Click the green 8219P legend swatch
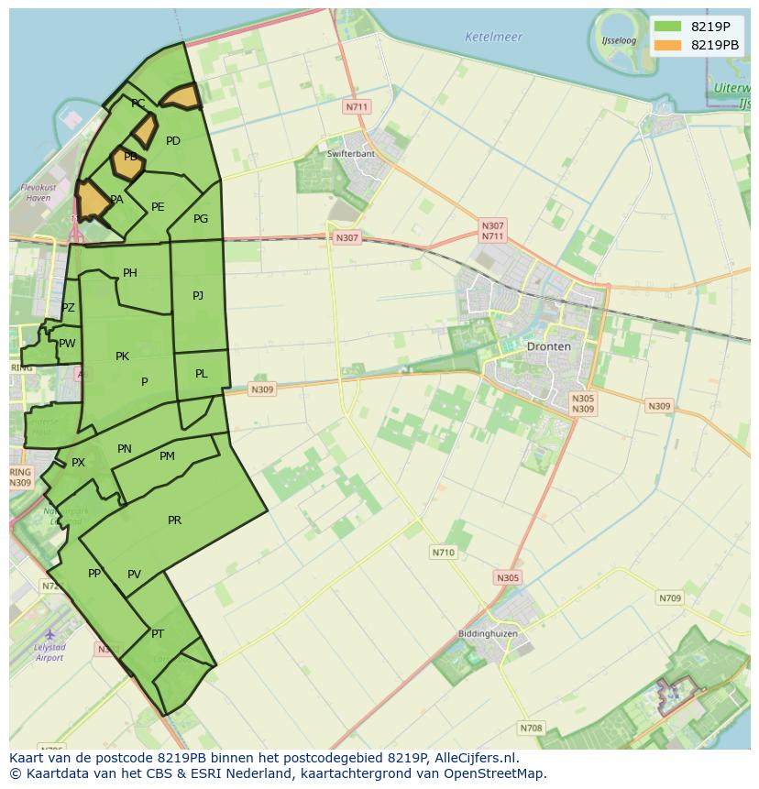(668, 26)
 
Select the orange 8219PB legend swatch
(668, 45)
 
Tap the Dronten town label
(548, 346)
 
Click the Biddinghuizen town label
(488, 634)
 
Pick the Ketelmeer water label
(493, 38)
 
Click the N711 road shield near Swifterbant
(357, 107)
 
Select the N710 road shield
(443, 553)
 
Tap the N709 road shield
(670, 598)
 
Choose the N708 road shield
(531, 729)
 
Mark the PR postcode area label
(175, 521)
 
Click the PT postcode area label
(158, 634)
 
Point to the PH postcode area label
(130, 273)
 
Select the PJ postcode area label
(198, 295)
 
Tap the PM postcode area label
(167, 456)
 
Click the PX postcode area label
(78, 463)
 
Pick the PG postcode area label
(201, 219)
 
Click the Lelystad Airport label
(49, 652)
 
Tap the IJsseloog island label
(619, 41)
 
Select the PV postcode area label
(135, 575)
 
